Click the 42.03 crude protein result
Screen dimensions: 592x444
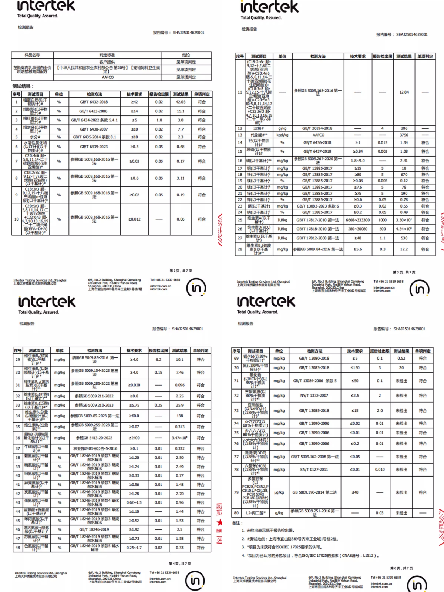click(x=181, y=102)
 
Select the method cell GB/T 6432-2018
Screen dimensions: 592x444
click(x=94, y=102)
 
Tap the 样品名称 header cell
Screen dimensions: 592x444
click(x=32, y=55)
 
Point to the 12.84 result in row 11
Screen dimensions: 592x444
click(x=404, y=92)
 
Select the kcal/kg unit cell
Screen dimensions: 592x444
click(x=282, y=135)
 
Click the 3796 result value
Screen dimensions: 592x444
click(x=404, y=135)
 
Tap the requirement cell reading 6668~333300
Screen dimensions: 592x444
click(x=357, y=220)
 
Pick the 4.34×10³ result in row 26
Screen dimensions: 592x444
click(x=404, y=229)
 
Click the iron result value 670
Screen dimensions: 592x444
click(x=404, y=175)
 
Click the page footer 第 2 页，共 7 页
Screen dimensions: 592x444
click(x=181, y=271)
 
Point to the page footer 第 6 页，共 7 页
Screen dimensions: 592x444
click(x=401, y=568)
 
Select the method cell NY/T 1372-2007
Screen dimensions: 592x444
click(x=314, y=396)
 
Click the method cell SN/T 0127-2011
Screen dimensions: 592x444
click(x=314, y=470)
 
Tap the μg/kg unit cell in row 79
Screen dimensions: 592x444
click(x=279, y=492)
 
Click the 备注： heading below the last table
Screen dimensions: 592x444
click(x=237, y=523)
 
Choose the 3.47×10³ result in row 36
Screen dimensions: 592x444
click(x=180, y=438)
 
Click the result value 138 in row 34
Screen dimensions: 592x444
click(x=180, y=416)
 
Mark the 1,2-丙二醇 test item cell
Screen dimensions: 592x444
click(x=255, y=513)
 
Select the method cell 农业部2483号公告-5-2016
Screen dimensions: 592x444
click(x=95, y=448)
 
